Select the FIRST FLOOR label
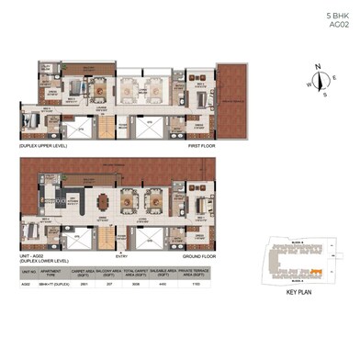click(x=202, y=146)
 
